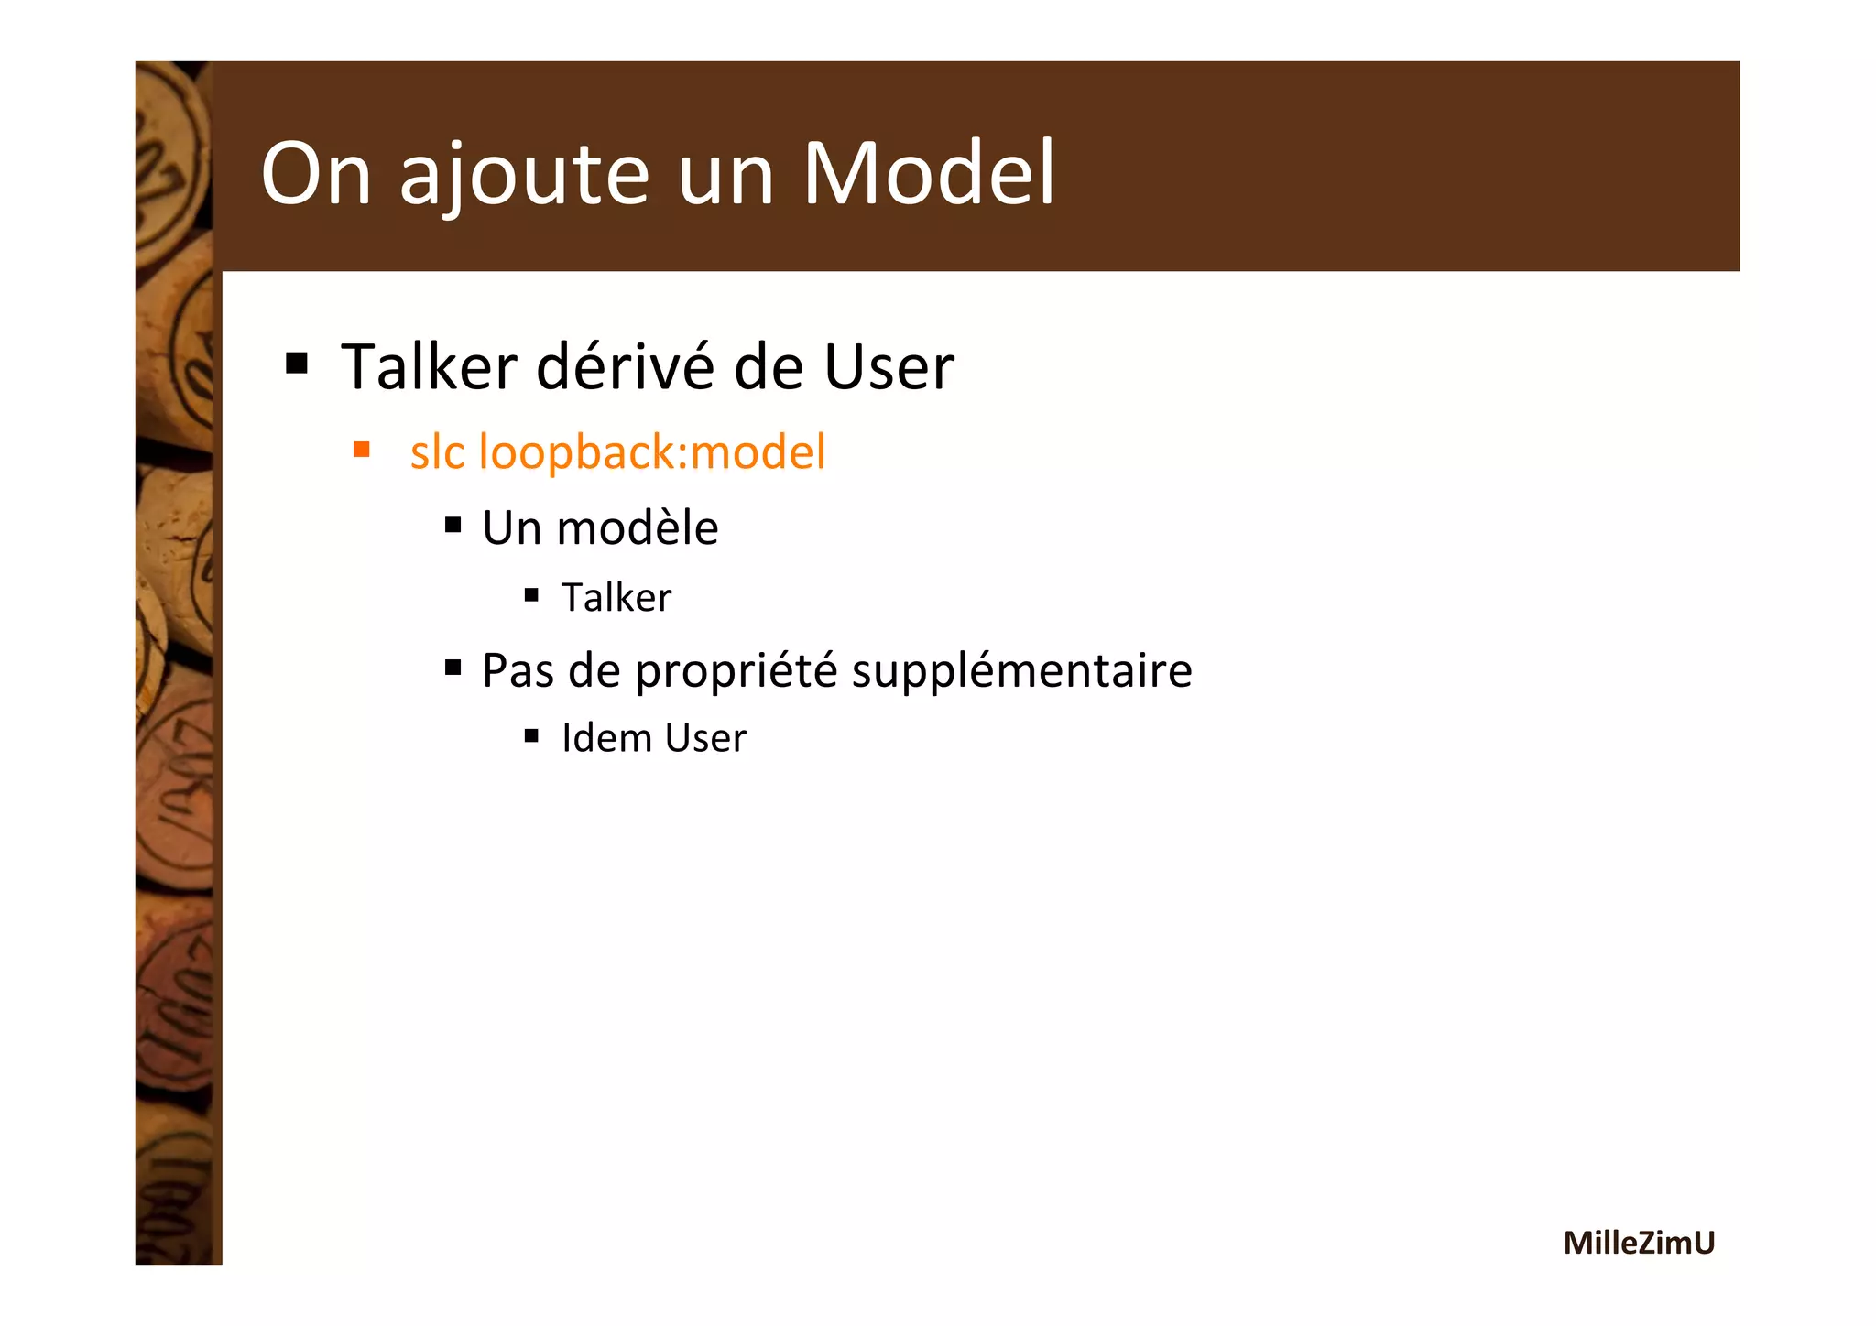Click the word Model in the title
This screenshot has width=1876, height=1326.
point(929,173)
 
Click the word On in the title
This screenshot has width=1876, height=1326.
point(316,173)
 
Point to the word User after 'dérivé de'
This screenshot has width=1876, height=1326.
point(889,366)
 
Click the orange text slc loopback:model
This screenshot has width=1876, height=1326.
point(617,452)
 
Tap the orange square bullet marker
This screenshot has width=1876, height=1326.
point(362,450)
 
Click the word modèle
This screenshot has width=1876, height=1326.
point(638,528)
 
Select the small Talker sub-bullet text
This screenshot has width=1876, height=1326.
point(616,598)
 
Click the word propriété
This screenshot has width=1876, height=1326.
point(736,671)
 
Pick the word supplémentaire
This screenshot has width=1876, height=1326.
point(1021,671)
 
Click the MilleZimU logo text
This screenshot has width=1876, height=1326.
point(1638,1243)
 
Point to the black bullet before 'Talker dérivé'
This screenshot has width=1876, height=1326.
point(296,364)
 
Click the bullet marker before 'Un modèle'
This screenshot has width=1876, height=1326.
point(453,526)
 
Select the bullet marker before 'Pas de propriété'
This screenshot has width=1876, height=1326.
point(453,668)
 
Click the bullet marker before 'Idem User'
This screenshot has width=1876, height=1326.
point(531,735)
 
